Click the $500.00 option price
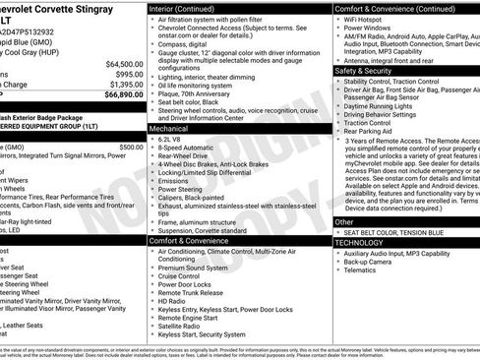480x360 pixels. (x=131, y=147)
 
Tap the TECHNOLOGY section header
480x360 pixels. (x=360, y=242)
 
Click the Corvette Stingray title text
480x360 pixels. (x=54, y=7)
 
